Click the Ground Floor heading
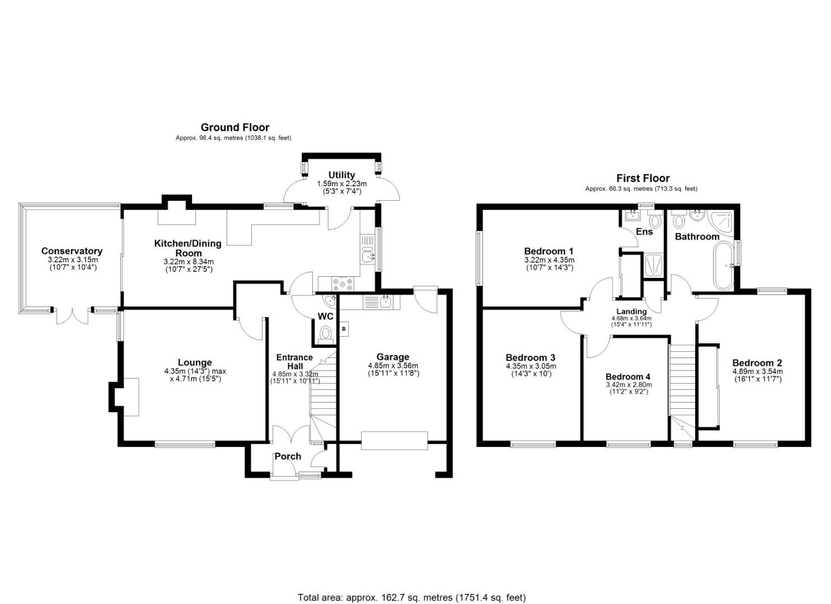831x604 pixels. pyautogui.click(x=234, y=128)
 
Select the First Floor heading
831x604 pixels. pyautogui.click(x=642, y=178)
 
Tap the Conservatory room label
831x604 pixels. pyautogui.click(x=72, y=251)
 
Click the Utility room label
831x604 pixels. pyautogui.click(x=341, y=175)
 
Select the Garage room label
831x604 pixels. pyautogui.click(x=392, y=357)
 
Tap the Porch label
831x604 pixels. pyautogui.click(x=288, y=456)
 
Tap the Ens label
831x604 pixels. pyautogui.click(x=644, y=232)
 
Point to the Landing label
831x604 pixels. pyautogui.click(x=631, y=312)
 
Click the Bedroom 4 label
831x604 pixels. pyautogui.click(x=627, y=377)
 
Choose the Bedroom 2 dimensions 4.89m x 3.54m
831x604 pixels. pyautogui.click(x=757, y=371)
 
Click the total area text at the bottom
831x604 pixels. pyautogui.click(x=411, y=597)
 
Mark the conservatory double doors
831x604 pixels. pyautogui.click(x=73, y=315)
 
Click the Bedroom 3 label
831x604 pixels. pyautogui.click(x=530, y=358)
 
